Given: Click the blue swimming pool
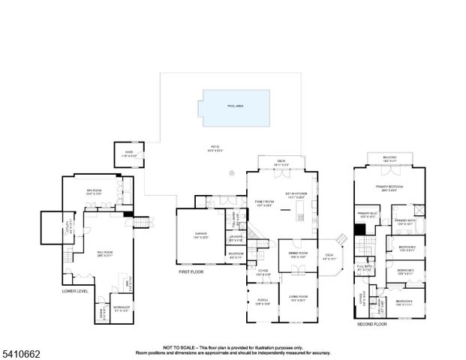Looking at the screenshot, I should pyautogui.click(x=236, y=105).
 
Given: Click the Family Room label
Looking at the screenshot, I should pyautogui.click(x=264, y=202).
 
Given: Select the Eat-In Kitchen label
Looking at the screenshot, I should pyautogui.click(x=296, y=195).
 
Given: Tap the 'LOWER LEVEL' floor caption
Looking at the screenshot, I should pyautogui.click(x=75, y=290).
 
